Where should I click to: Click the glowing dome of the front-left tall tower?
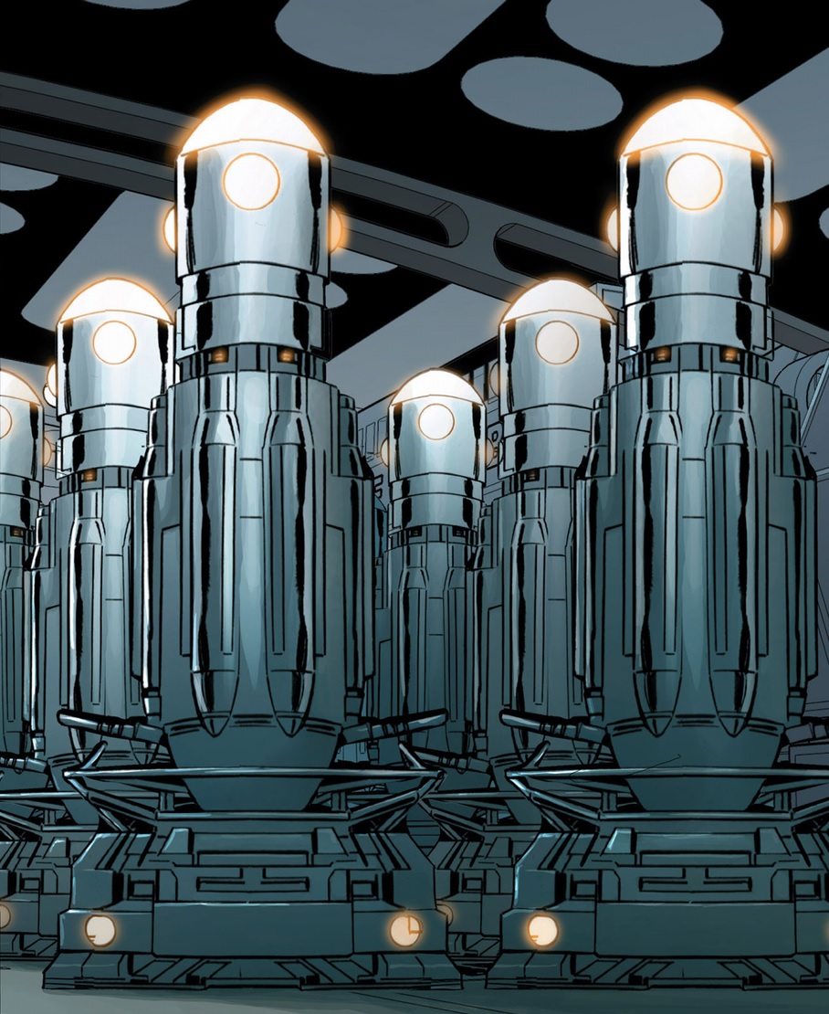(251, 128)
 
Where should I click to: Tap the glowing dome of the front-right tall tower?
(696, 128)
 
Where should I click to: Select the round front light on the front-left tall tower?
(251, 181)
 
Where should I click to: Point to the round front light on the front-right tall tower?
(693, 181)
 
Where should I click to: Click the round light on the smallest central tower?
(436, 420)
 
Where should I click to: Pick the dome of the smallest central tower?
(436, 387)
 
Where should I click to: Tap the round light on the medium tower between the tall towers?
(557, 342)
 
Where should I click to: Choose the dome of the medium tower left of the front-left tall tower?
(114, 301)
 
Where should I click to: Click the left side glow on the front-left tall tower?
(170, 228)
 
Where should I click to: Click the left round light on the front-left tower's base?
(100, 930)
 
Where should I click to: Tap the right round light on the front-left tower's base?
(405, 930)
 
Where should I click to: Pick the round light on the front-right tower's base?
(542, 930)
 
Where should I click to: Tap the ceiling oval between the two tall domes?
(540, 91)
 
